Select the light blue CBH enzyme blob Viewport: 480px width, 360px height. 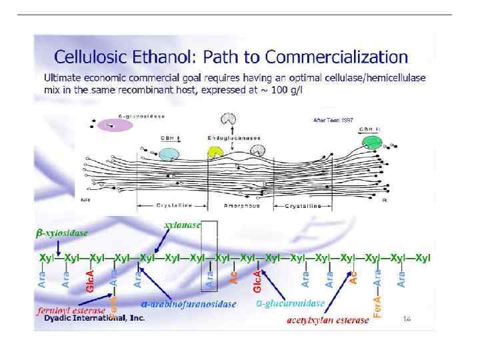168,154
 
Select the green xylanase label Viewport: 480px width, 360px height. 182,225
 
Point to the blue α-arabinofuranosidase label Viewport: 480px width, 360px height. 189,304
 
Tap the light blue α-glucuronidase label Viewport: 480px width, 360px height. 291,303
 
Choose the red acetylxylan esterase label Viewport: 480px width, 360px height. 327,320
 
